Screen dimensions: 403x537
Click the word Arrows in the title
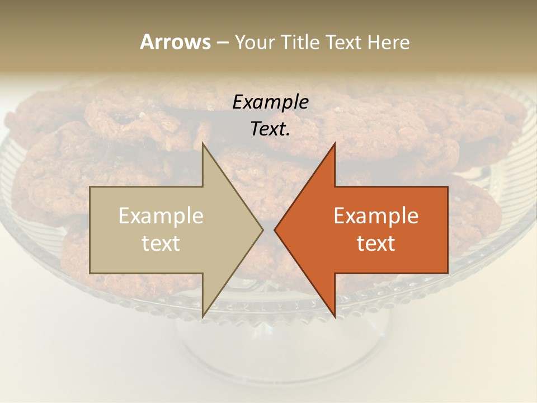[175, 42]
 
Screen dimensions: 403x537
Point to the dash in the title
[222, 43]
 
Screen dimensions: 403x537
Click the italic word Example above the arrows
[270, 102]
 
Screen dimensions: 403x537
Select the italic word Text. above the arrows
[269, 129]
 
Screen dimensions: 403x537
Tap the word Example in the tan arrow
[161, 215]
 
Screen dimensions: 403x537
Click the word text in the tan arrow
[161, 243]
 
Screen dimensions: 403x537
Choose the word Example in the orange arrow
[376, 215]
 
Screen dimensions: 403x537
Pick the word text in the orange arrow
[376, 243]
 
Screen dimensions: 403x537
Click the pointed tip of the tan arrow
[263, 229]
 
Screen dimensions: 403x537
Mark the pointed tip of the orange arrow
[275, 229]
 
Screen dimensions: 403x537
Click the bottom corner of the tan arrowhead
[203, 316]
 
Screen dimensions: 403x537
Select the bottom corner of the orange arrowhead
[335, 316]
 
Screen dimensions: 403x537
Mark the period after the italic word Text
[288, 135]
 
